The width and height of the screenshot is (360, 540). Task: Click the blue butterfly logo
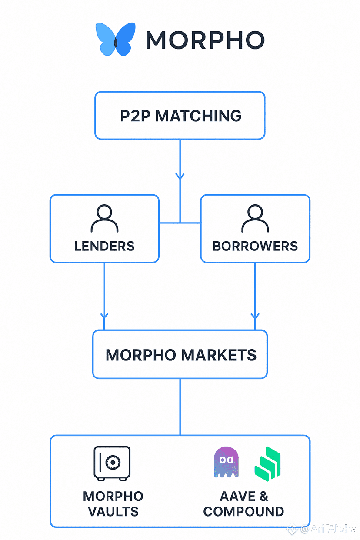point(115,40)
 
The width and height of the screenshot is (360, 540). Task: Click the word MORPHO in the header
point(205,40)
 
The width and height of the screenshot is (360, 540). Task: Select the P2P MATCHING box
point(180,116)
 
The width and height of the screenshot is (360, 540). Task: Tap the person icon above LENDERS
point(104,219)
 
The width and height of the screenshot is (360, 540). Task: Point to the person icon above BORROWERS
point(255,219)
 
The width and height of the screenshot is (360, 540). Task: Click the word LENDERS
point(104,246)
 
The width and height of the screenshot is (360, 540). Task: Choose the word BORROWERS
point(255,246)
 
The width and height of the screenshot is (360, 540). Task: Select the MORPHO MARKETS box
point(180,355)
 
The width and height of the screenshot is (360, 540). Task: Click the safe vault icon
point(112,463)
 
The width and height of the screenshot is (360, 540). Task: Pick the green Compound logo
point(267,463)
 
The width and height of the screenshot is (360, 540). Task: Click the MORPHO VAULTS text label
point(113,503)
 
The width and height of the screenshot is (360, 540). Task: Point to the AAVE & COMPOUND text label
point(243,503)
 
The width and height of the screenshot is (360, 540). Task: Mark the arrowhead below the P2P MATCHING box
point(180,177)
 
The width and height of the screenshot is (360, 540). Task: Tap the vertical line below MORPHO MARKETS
point(180,407)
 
